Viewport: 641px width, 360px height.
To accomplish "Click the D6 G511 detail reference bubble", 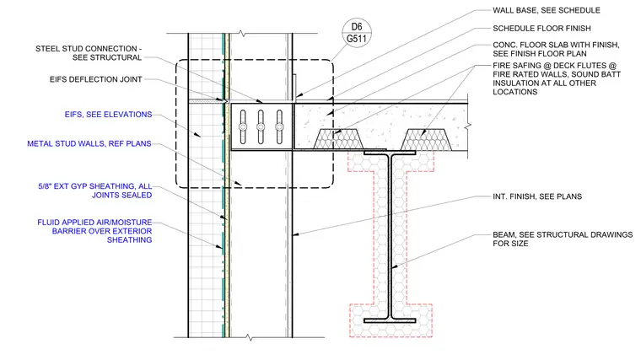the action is (x=357, y=33).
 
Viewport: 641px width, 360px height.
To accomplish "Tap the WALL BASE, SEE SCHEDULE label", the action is (x=547, y=10).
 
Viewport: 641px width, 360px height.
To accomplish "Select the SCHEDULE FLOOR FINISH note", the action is (x=541, y=28).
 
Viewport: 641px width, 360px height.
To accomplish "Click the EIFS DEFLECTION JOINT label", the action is (x=95, y=79).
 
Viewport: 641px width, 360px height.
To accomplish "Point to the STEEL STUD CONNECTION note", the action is (x=89, y=53).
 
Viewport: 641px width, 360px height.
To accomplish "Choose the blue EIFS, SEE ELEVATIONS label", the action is (x=108, y=115).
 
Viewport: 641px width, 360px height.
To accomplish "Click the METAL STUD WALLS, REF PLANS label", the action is (x=89, y=144).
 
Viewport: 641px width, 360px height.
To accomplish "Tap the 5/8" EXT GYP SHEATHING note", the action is (x=94, y=191).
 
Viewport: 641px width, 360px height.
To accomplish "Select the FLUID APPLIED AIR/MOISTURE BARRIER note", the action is (x=94, y=231).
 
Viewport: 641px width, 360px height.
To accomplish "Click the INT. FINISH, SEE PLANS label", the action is (x=537, y=196).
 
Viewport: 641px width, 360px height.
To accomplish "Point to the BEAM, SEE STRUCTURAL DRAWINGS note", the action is (x=563, y=239).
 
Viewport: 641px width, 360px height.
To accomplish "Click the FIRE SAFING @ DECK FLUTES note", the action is (x=557, y=78).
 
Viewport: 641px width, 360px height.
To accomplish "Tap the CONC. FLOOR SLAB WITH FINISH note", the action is (x=556, y=49).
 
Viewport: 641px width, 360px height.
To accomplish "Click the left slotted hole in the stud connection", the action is (x=243, y=127).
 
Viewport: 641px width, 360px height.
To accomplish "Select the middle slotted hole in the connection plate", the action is (x=261, y=127).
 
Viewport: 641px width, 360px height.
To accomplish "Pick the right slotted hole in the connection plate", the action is (x=279, y=127).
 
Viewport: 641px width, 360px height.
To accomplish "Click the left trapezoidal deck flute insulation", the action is (x=338, y=139).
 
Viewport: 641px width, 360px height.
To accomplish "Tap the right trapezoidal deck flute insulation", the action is (x=426, y=139).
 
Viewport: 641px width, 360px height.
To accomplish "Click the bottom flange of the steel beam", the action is (x=390, y=320).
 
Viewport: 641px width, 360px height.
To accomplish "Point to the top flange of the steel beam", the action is (x=390, y=153).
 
